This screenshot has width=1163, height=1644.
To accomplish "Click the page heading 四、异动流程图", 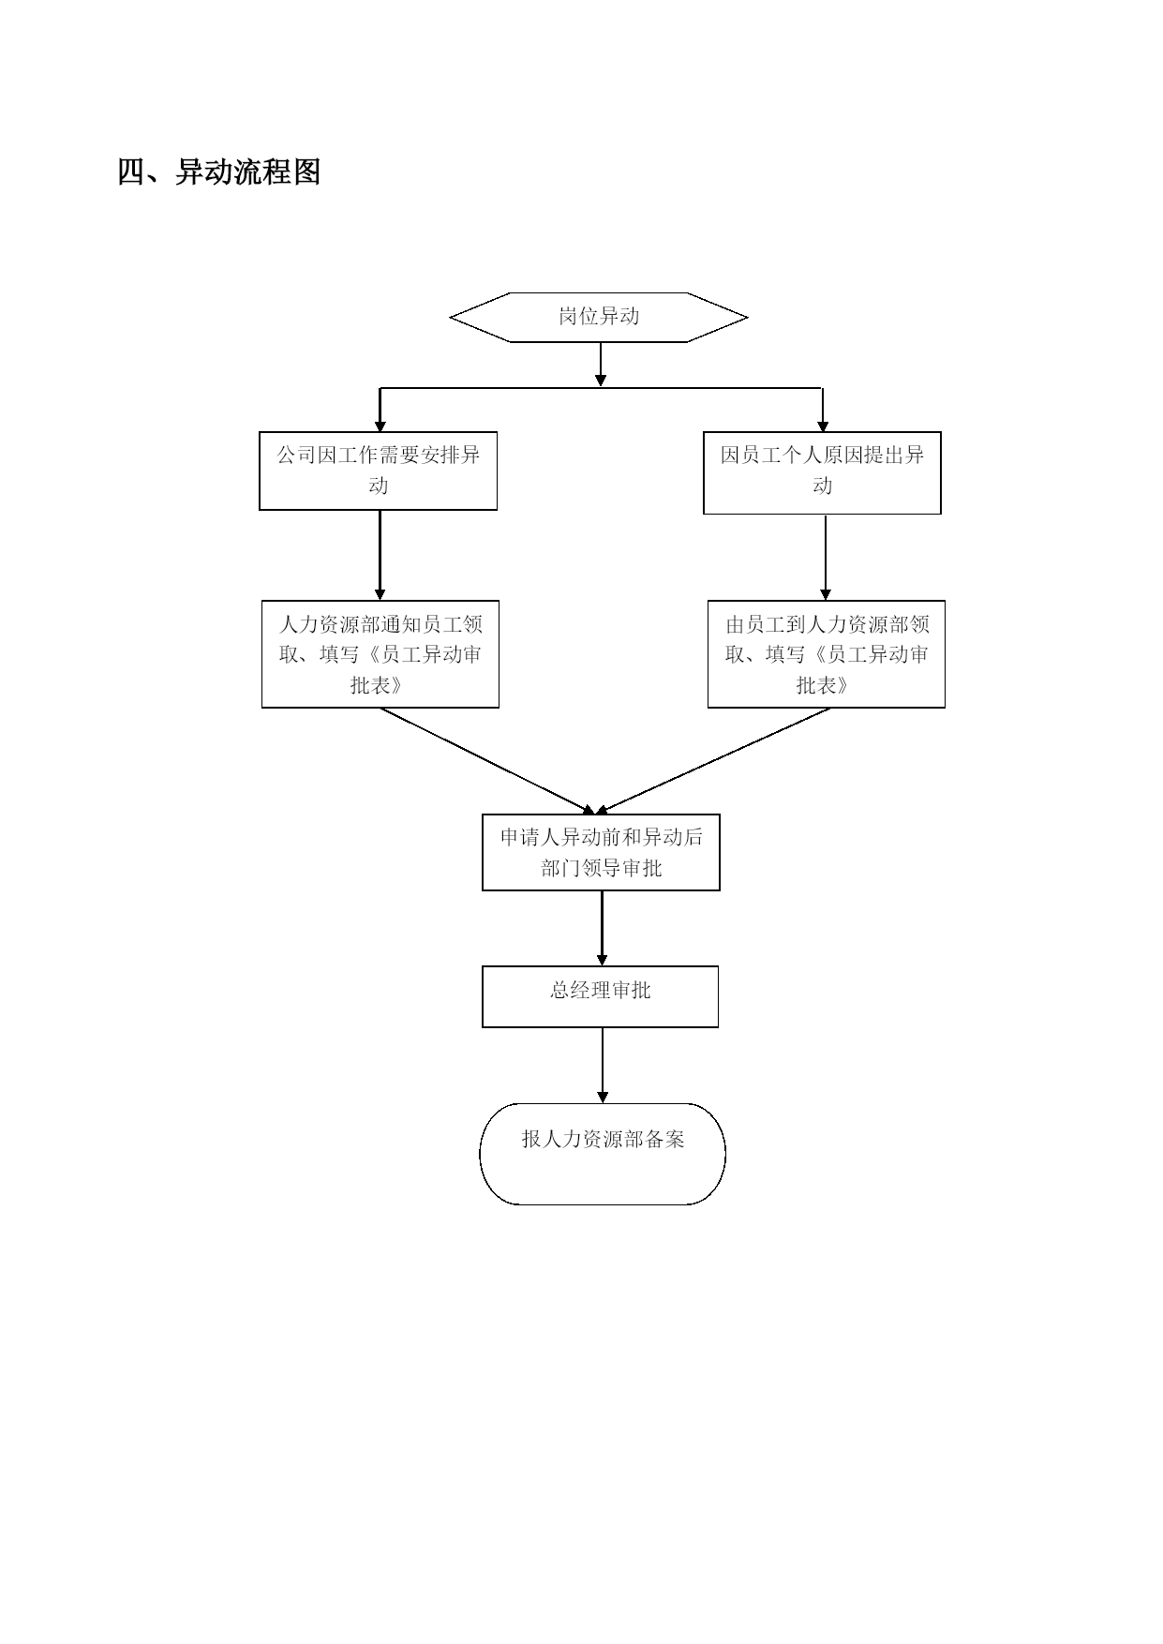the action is coord(219,172).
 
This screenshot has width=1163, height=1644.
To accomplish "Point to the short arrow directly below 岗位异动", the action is coord(601,365).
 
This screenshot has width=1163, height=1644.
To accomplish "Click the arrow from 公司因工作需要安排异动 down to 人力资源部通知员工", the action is coord(380,555).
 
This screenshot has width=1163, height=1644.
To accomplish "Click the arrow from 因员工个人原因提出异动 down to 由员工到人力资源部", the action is coord(826,557).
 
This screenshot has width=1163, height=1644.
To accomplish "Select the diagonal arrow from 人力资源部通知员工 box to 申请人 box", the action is coord(487,761).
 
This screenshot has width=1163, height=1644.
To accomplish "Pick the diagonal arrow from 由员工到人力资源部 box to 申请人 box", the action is coord(713,761).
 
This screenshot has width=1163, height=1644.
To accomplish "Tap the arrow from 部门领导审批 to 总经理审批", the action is coord(602,928).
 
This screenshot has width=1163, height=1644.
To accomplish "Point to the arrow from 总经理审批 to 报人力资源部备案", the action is coord(603,1065).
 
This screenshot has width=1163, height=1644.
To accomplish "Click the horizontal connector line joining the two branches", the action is coord(601,388).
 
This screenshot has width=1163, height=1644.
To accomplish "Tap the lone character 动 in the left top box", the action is coord(378,486).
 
